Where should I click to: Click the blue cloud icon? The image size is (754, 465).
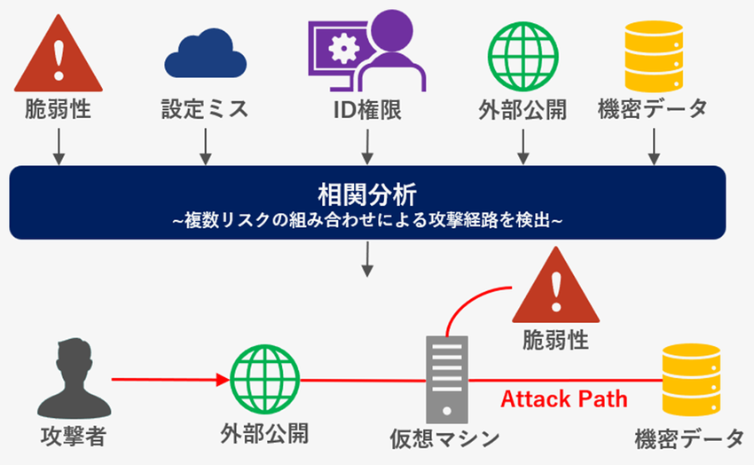click(205, 54)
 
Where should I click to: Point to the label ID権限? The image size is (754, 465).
click(365, 109)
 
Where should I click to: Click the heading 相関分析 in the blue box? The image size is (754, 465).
click(367, 193)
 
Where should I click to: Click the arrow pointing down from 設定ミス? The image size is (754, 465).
click(205, 146)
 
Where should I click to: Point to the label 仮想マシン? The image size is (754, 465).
click(444, 437)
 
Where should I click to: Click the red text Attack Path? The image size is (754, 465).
click(563, 398)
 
